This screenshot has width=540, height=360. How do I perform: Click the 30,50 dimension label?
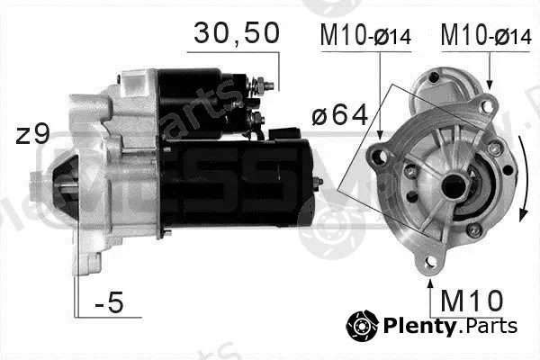(x=237, y=33)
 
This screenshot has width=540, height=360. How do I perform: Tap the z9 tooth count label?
(x=33, y=135)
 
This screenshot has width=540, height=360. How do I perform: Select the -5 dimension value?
(x=109, y=302)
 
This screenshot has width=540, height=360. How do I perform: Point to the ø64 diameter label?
(x=340, y=115)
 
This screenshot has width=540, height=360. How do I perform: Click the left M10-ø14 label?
(x=365, y=35)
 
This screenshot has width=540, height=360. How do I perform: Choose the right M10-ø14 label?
(x=486, y=35)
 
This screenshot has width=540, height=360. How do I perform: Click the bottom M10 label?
(x=472, y=301)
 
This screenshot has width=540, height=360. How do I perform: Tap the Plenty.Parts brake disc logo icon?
(x=363, y=326)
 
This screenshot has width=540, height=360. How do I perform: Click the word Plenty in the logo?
(x=419, y=326)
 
